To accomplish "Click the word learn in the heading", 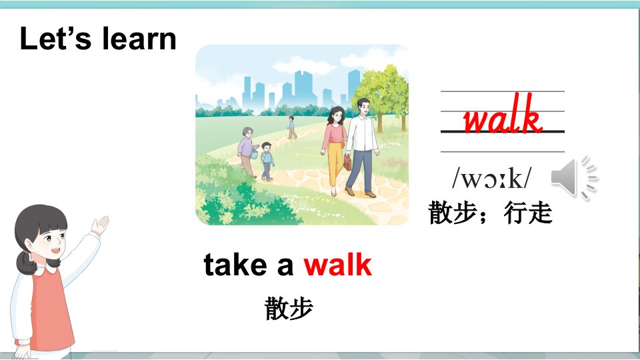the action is pos(139,39).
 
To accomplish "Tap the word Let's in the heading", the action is pos(55,39).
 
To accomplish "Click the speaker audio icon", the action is pos(574,177).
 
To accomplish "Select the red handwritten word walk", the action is pos(503,114).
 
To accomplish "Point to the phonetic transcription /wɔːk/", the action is pos(492,178).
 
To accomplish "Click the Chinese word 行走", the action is pos(528,213).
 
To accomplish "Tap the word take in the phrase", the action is pos(235,265).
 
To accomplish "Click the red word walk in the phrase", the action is pos(338,265).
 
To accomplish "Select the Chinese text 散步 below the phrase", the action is pos(289,308).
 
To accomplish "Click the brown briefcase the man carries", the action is pos(347,162).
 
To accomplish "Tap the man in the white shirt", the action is pos(361,147).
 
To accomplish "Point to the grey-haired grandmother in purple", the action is pos(247,151).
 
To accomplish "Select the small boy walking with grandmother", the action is pos(267,161).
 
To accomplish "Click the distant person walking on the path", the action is pos(292,127).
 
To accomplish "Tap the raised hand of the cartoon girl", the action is pos(100,225).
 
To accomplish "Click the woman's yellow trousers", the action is pos(335,163).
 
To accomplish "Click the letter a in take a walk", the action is pos(285,267).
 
